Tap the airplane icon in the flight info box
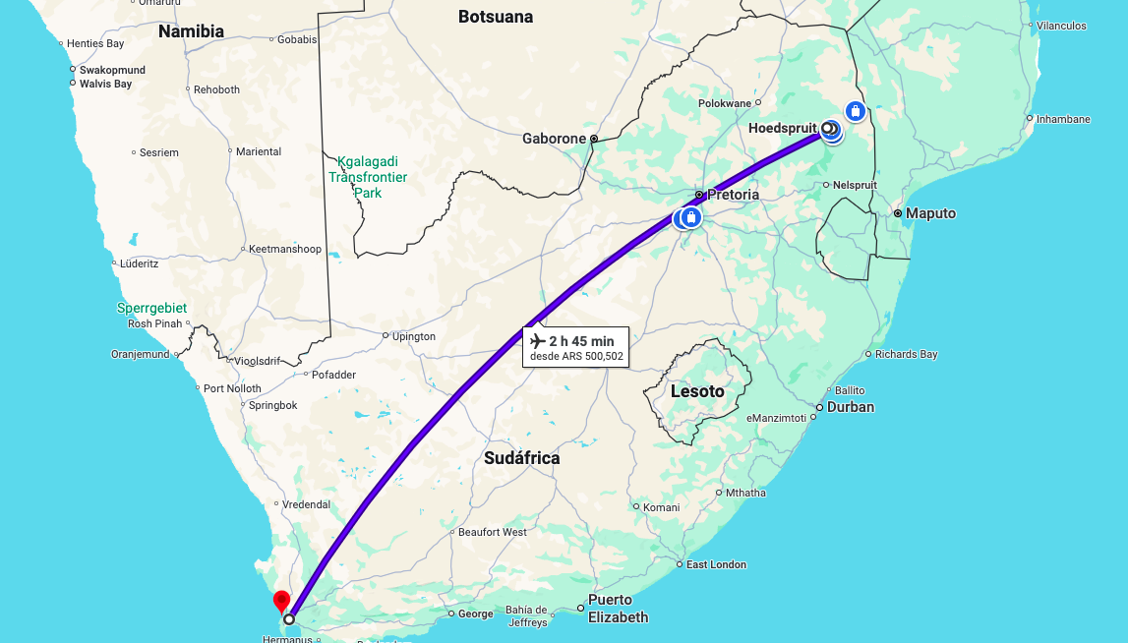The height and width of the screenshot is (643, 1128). [537, 341]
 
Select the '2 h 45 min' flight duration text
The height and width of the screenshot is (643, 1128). [581, 341]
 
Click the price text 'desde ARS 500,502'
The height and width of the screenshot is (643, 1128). [576, 356]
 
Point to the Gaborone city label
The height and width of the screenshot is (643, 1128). [554, 139]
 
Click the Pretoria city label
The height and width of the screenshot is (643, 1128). [732, 195]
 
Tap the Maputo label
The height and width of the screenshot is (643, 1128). [930, 213]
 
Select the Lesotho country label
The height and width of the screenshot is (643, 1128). [697, 391]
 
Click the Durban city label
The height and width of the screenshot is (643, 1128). [851, 407]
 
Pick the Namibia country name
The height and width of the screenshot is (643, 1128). [191, 31]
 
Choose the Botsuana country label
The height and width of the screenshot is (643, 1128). [496, 17]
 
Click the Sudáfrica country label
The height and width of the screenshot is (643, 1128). [521, 458]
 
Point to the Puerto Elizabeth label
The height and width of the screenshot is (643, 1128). [619, 609]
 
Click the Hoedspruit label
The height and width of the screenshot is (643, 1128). [783, 129]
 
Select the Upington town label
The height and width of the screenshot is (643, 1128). [414, 336]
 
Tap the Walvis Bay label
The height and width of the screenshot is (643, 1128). [105, 85]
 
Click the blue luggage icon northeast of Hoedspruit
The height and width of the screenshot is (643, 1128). [855, 111]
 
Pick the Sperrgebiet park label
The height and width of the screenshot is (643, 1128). [151, 308]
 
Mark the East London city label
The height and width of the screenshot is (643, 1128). [716, 564]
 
